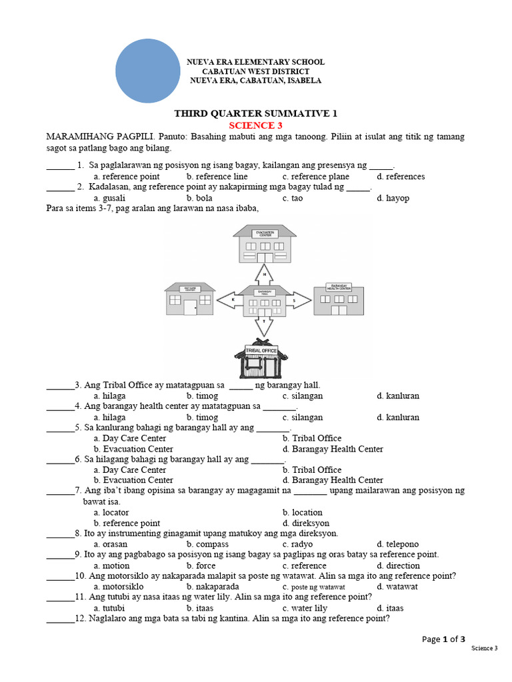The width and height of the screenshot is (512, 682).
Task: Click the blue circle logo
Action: pyautogui.click(x=148, y=71)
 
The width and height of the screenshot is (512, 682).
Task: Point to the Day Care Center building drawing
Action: pyautogui.click(x=190, y=298)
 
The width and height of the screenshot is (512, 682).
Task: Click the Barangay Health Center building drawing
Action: pyautogui.click(x=339, y=298)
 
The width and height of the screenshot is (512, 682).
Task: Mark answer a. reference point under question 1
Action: pyautogui.click(x=127, y=176)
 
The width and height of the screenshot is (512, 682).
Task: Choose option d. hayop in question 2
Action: pyautogui.click(x=393, y=198)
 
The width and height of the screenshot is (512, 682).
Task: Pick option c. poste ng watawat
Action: pyautogui.click(x=313, y=587)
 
